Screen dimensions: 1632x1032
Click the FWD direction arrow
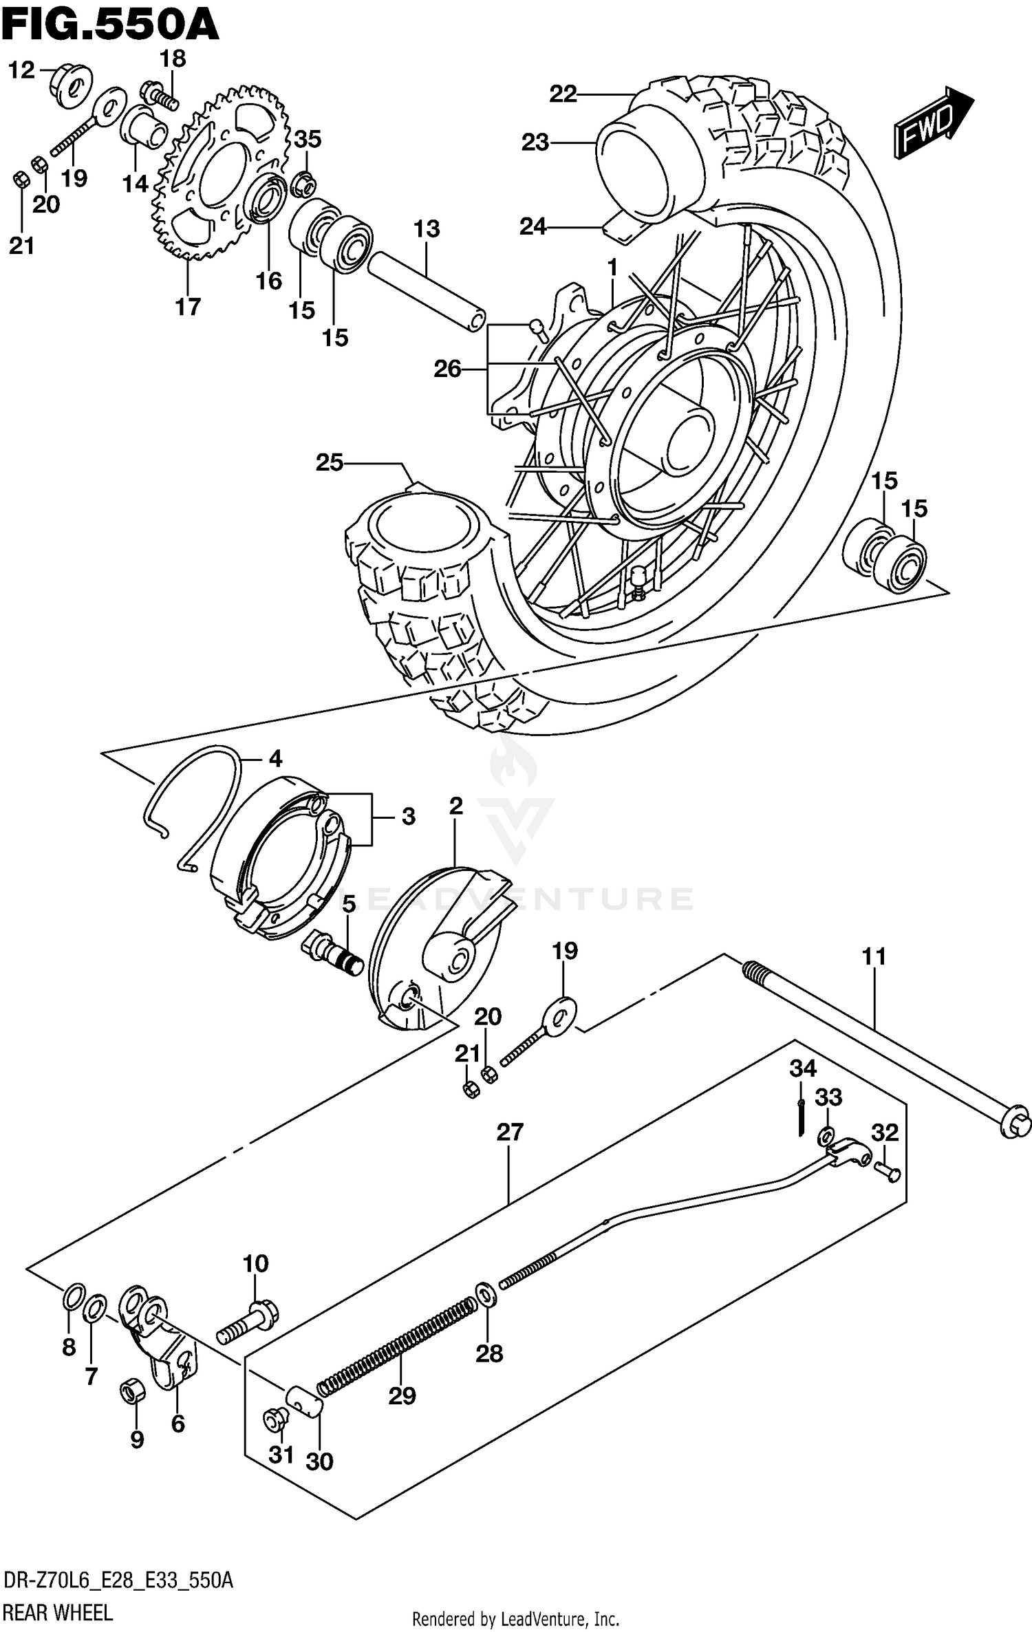click(x=933, y=123)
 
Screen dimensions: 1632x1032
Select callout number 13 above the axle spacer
click(x=427, y=229)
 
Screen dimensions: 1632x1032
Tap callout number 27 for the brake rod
click(x=510, y=1132)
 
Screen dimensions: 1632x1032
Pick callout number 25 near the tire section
click(x=330, y=462)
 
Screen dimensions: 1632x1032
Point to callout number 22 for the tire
click(x=563, y=94)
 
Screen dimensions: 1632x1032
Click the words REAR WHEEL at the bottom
click(x=58, y=1609)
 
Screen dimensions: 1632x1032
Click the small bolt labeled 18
click(x=160, y=94)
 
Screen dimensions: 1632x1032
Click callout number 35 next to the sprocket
click(x=308, y=139)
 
